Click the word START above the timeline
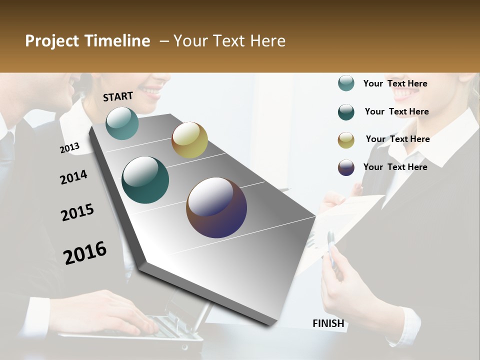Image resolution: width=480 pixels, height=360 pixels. [x=118, y=96]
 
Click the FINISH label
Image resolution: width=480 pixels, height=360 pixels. [x=328, y=323]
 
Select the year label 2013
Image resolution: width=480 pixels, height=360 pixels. [x=69, y=147]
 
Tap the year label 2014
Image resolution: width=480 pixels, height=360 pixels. [x=73, y=177]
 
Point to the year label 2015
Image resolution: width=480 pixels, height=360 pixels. [x=77, y=212]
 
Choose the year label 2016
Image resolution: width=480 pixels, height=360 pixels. [x=85, y=252]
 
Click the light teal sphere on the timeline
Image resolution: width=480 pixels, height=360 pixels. [x=122, y=123]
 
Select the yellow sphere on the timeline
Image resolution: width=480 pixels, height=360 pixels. [x=189, y=140]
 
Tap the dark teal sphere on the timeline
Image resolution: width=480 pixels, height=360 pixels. [x=145, y=180]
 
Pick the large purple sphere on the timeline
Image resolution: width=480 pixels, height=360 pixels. [x=216, y=207]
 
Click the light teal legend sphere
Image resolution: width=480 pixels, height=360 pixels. [x=346, y=83]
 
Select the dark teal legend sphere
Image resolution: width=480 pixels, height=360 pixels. [x=346, y=112]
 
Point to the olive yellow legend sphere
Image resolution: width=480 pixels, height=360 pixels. [x=346, y=140]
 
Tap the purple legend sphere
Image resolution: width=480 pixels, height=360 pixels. [x=346, y=167]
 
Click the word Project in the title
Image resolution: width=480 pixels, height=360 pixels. [x=52, y=41]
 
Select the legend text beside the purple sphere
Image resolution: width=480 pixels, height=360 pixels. [x=395, y=167]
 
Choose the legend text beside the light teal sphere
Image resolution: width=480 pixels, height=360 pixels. [x=395, y=83]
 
